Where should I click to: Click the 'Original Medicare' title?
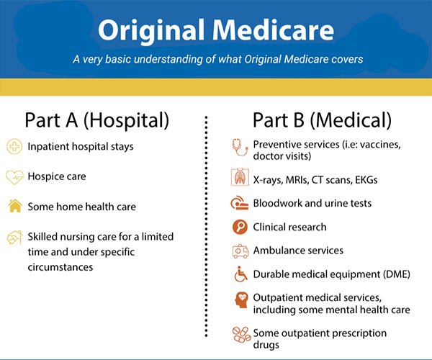pyautogui.click(x=216, y=30)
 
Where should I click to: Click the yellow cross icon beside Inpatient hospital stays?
pyautogui.click(x=14, y=146)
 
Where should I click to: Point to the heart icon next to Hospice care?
pyautogui.click(x=14, y=176)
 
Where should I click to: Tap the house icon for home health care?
pyautogui.click(x=14, y=206)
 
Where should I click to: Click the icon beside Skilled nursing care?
pyautogui.click(x=14, y=237)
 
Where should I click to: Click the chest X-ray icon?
pyautogui.click(x=239, y=179)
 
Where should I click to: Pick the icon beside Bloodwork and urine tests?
pyautogui.click(x=239, y=203)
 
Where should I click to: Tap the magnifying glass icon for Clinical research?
pyautogui.click(x=239, y=227)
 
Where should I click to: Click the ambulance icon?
pyautogui.click(x=239, y=251)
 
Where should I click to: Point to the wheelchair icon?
pyautogui.click(x=239, y=274)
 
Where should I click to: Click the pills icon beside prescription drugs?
pyautogui.click(x=239, y=336)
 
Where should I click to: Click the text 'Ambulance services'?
pyautogui.click(x=298, y=251)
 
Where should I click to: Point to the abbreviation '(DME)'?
pyautogui.click(x=391, y=274)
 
